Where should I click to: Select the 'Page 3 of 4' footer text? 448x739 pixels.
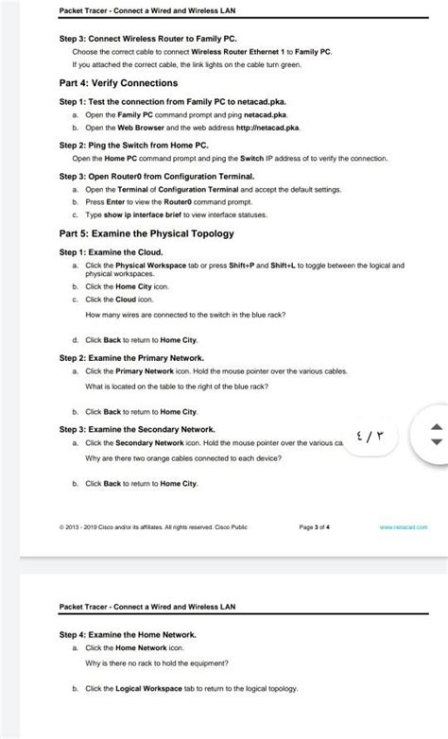tap(314, 526)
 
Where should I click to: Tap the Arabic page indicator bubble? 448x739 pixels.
tap(371, 437)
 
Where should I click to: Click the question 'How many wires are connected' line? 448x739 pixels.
tap(185, 315)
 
